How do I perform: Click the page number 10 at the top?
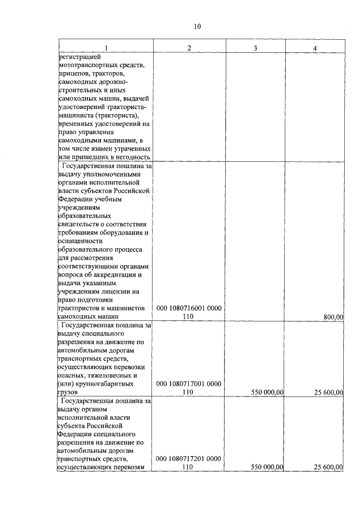[197, 27]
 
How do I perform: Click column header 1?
[105, 48]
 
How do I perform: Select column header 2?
[189, 48]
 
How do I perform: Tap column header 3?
[256, 48]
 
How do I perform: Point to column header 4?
[315, 48]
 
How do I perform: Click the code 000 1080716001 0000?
[189, 308]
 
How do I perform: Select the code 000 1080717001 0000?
[189, 384]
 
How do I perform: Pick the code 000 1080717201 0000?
[189, 458]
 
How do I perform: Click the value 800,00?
[331, 317]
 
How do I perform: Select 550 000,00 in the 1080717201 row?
[266, 467]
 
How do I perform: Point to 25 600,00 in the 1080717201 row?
[328, 467]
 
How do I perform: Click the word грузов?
[69, 392]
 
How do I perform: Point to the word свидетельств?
[80, 224]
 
